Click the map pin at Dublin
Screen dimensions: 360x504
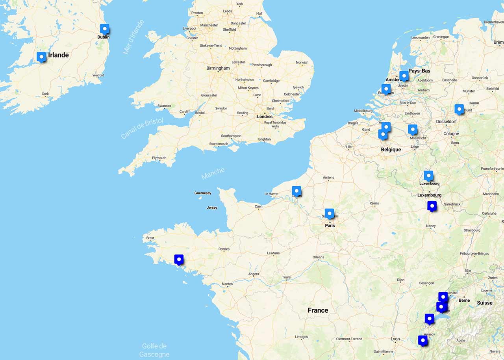104,29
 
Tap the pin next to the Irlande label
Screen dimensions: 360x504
41,57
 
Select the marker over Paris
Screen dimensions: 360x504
330,213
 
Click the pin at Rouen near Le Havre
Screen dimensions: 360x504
296,191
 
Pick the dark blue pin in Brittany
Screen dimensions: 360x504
179,260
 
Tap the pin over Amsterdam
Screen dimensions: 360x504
404,76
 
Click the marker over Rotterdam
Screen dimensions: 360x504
386,89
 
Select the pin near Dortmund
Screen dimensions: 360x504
459,109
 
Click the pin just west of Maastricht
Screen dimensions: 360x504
412,129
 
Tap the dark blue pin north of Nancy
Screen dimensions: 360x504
432,206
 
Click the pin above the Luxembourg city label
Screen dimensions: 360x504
428,176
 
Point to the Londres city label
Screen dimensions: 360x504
265,117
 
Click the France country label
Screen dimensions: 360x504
318,310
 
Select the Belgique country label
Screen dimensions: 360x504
391,150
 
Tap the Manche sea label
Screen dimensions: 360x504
213,173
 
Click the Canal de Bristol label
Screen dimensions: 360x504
142,128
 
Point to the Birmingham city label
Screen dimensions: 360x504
218,68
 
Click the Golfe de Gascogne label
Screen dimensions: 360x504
154,350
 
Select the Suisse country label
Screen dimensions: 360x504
485,303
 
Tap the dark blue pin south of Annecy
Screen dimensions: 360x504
423,340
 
